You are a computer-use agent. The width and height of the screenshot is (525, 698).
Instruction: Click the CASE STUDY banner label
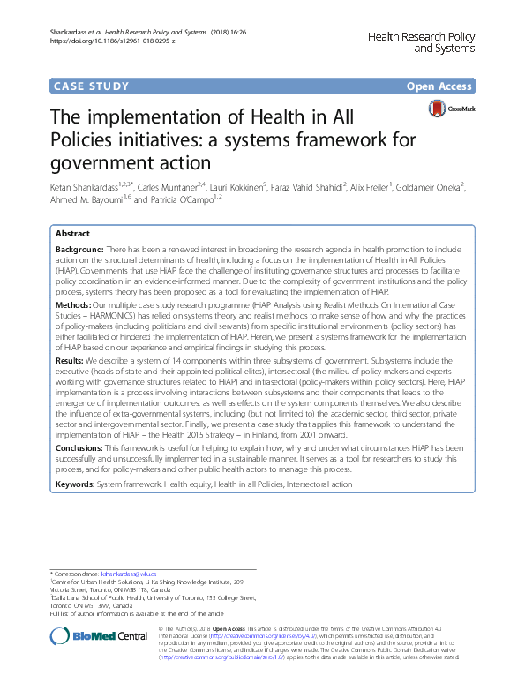tap(91, 86)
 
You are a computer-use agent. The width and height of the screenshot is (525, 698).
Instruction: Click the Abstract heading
tap(72, 234)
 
